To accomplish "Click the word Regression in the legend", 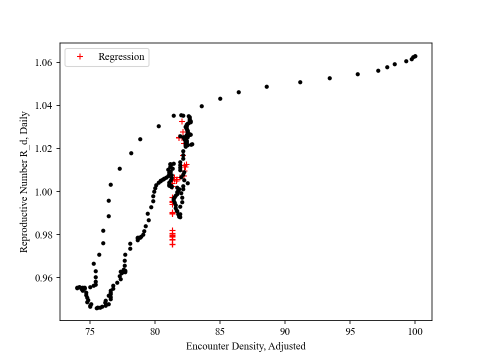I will pos(121,57).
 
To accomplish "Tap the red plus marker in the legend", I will pos(79,57).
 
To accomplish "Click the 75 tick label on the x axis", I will pos(90,331).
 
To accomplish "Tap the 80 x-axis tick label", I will pos(155,331).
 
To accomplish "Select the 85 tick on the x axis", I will pos(220,331).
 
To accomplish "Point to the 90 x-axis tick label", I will pos(285,331).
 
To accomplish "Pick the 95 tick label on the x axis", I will pos(350,331).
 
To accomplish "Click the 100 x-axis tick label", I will pos(414,331).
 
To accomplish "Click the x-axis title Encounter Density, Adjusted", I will pos(245,346).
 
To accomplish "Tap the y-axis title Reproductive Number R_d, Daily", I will pos(24,181).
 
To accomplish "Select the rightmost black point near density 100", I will pos(415,56).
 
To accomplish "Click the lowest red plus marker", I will pos(172,244).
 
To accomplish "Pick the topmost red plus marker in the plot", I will pos(182,121).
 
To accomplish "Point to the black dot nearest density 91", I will pos(300,82).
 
